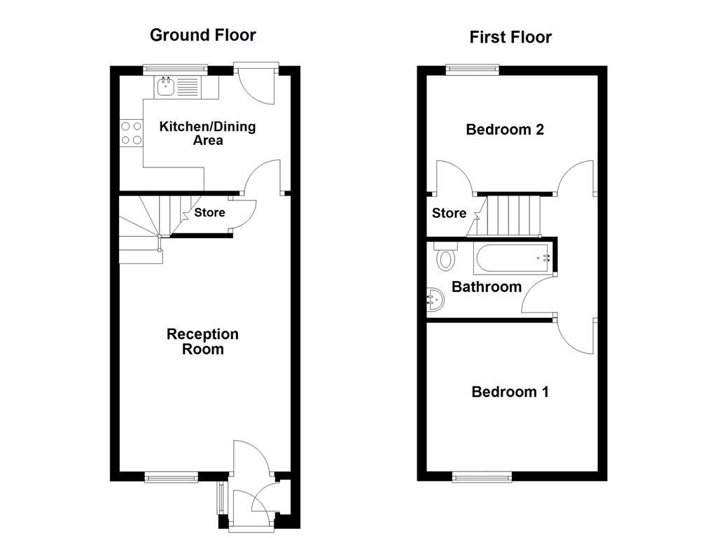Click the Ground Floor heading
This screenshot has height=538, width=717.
pos(203,35)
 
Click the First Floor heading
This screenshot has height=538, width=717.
pos(510,37)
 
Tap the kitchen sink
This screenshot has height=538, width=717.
pos(166,87)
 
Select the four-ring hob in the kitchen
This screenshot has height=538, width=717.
pos(131,133)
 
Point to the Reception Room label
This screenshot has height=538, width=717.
pos(202,341)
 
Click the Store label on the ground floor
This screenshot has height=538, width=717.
pos(209,212)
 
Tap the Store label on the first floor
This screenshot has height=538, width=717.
pos(449,213)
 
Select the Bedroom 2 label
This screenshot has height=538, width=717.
pos(505,130)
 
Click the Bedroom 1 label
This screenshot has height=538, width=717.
pos(510,392)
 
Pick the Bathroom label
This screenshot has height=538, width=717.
pos(487,287)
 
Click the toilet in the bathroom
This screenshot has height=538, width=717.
pos(445,258)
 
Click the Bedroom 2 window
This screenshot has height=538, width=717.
pos(473,69)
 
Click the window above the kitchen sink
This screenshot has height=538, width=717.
pos(175,69)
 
